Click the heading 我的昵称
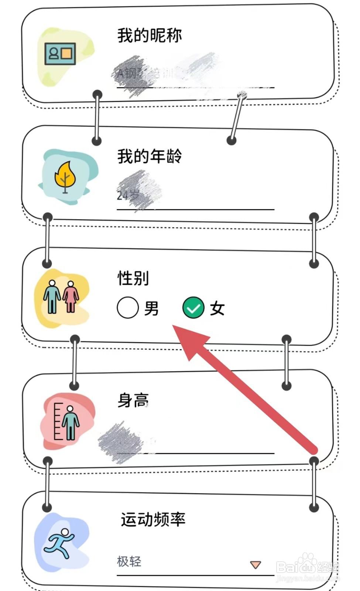pyautogui.click(x=150, y=35)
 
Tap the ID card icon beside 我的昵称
pyautogui.click(x=60, y=54)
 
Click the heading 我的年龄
pyautogui.click(x=150, y=156)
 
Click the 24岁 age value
pyautogui.click(x=128, y=195)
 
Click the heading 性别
pyautogui.click(x=133, y=278)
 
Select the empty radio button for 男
pyautogui.click(x=128, y=308)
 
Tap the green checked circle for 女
pyautogui.click(x=193, y=308)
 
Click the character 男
pyautogui.click(x=151, y=308)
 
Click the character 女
pyautogui.click(x=217, y=308)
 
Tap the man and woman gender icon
pyautogui.click(x=61, y=297)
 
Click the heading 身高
pyautogui.click(x=133, y=400)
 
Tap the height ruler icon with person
pyautogui.click(x=66, y=421)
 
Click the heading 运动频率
pyautogui.click(x=153, y=519)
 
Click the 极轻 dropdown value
pyautogui.click(x=129, y=561)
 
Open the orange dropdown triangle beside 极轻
pyautogui.click(x=256, y=564)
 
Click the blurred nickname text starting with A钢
pyautogui.click(x=148, y=73)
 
